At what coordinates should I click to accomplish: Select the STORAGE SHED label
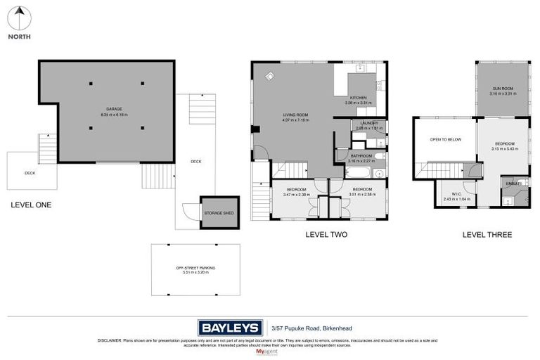point(219,212)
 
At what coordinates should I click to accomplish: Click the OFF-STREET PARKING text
point(195,269)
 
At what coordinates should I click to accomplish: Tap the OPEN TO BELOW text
point(445,139)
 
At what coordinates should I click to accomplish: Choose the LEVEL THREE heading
point(487,234)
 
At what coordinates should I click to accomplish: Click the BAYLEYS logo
point(231,327)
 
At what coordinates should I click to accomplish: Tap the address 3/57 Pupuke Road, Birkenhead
point(307,328)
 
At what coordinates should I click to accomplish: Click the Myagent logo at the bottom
point(270,351)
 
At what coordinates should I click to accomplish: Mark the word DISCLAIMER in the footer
point(111,340)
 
